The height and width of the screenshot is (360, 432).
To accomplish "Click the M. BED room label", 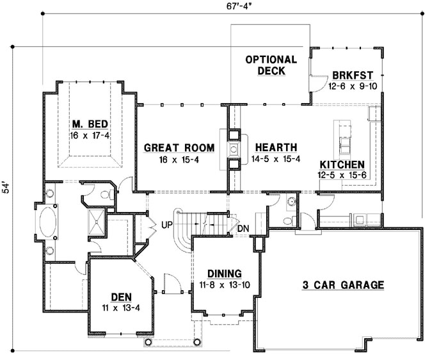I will [89, 124].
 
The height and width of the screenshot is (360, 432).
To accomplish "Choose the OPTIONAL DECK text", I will [271, 65].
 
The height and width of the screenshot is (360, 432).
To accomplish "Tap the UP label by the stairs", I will [167, 225].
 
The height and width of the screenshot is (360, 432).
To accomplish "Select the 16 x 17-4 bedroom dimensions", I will [89, 135].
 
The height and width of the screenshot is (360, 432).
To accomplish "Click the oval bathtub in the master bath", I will [50, 227].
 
